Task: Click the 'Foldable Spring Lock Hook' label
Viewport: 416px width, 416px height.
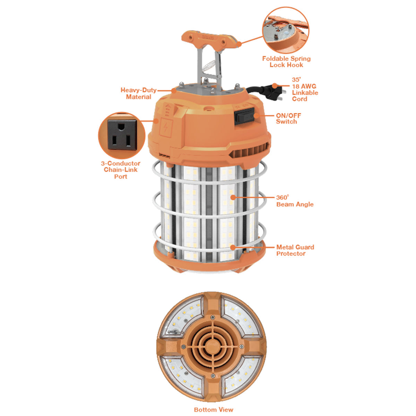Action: click(286, 62)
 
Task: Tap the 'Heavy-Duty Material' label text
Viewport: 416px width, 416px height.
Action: click(138, 93)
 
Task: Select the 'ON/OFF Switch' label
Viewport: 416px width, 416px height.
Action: click(288, 119)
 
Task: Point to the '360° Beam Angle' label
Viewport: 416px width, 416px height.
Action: click(295, 201)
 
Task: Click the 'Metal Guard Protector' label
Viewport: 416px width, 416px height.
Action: click(295, 250)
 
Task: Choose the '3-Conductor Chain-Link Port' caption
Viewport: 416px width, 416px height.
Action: click(121, 170)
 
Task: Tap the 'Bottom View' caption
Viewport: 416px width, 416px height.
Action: click(214, 409)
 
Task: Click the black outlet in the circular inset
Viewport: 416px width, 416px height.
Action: click(122, 135)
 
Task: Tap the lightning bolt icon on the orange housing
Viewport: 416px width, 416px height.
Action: click(166, 127)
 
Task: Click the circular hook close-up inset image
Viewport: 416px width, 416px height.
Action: click(286, 30)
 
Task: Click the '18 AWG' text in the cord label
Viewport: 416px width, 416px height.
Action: click(304, 86)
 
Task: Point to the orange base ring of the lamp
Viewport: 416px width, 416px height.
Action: click(209, 258)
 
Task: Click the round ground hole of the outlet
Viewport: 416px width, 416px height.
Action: click(122, 127)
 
